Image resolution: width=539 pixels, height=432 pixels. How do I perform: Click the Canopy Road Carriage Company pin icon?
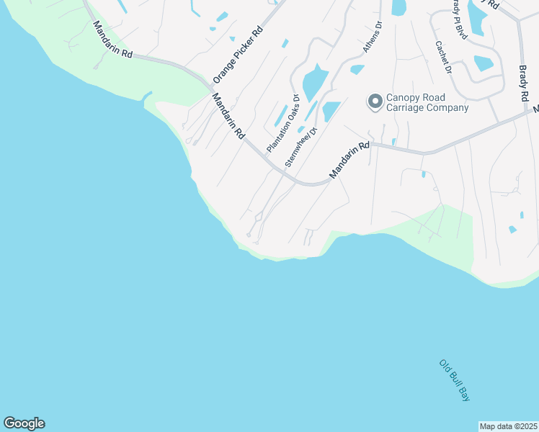pos(375,102)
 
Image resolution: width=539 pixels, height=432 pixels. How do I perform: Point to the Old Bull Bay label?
pos(455,380)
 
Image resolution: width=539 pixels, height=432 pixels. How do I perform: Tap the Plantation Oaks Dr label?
pos(282,123)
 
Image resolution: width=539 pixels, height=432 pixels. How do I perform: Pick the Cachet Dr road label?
pos(442,57)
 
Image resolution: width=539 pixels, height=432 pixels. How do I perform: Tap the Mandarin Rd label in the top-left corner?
pos(113,40)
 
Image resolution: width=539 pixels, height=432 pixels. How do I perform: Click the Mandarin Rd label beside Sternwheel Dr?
pos(349,161)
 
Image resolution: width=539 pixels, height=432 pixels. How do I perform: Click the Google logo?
pos(24,423)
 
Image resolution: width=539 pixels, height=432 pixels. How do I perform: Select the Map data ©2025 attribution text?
pos(509,426)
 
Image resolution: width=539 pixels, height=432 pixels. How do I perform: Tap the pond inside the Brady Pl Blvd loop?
pos(483,63)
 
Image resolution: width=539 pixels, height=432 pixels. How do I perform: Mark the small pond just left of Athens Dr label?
pos(357,70)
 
